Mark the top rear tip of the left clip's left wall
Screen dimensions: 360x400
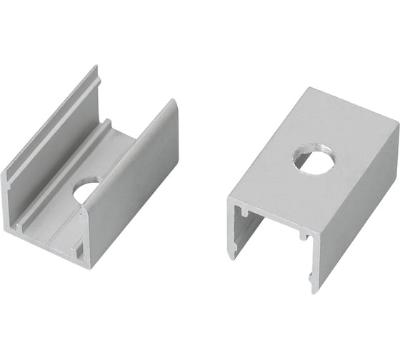(x=94, y=67)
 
